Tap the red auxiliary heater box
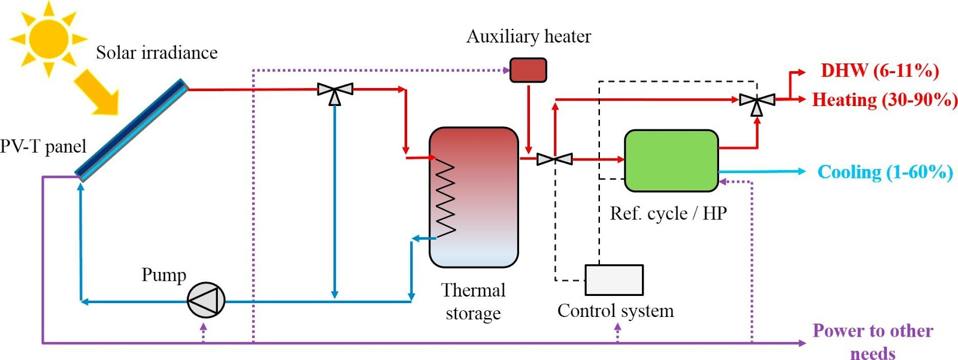coord(527,70)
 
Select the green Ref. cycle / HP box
coord(671,161)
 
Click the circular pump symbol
coord(206,300)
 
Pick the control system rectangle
coord(614,280)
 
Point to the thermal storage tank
coord(474,197)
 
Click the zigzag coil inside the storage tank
coord(445,197)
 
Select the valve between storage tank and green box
coord(554,159)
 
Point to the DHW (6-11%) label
coord(880,71)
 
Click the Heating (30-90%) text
coord(884,99)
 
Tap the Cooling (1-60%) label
coord(885,173)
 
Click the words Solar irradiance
coord(157,53)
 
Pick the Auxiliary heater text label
coord(528,37)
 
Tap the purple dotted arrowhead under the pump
coord(204,327)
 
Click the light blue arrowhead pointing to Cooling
coord(802,171)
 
